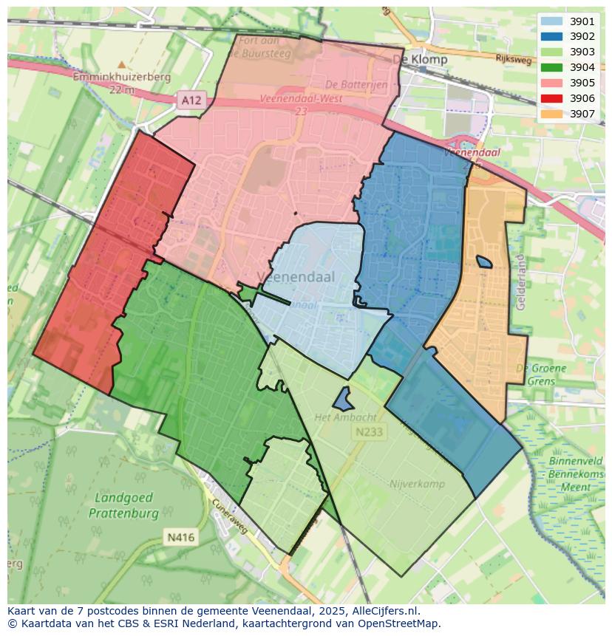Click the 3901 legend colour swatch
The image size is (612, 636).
click(551, 22)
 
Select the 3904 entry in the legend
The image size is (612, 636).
click(551, 67)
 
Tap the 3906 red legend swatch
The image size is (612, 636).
click(551, 98)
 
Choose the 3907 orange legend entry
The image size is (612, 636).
click(551, 114)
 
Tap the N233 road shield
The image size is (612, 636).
click(368, 432)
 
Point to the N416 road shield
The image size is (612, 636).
click(180, 537)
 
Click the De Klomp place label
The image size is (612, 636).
click(420, 59)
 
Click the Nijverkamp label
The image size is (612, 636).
click(417, 484)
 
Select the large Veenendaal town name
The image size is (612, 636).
click(296, 277)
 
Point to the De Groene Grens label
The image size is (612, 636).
click(542, 375)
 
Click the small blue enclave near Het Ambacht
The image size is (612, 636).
click(342, 400)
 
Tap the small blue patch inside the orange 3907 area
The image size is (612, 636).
click(484, 261)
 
